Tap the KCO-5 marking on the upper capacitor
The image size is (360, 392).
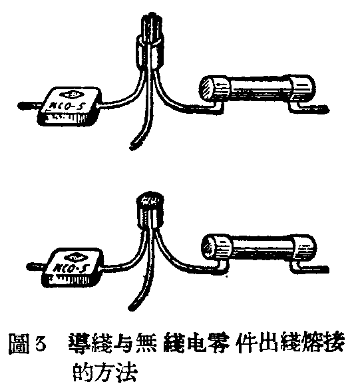coord(67,105)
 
